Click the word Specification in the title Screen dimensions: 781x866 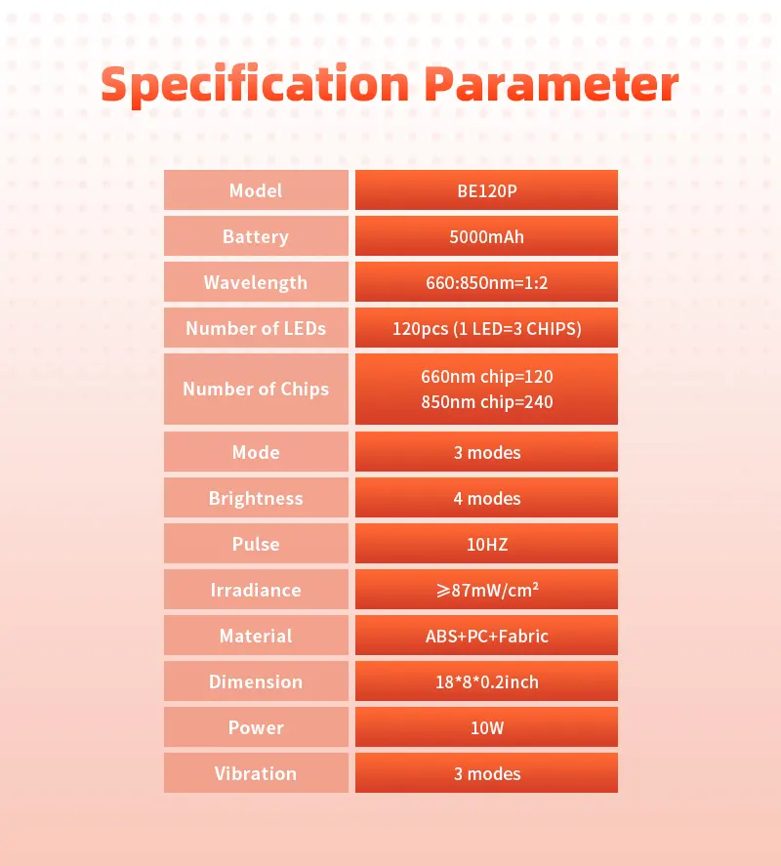click(255, 85)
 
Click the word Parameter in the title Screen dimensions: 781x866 click(552, 84)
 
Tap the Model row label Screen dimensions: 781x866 click(256, 190)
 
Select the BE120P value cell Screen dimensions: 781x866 click(486, 190)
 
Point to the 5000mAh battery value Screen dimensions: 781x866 click(486, 236)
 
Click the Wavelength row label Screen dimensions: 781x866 click(256, 282)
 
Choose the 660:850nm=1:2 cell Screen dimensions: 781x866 click(486, 282)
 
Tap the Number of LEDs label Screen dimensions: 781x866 click(256, 328)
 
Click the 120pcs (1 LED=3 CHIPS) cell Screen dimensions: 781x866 click(486, 328)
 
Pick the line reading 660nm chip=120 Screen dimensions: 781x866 click(486, 377)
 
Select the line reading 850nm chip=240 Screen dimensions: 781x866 click(486, 402)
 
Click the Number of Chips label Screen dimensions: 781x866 click(256, 389)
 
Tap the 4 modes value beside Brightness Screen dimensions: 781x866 click(486, 498)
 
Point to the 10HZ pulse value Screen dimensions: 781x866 click(486, 545)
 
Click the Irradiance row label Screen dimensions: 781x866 click(256, 590)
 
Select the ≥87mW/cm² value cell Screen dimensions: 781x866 click(486, 590)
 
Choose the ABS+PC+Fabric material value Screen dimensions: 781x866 click(486, 636)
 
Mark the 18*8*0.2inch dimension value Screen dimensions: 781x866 click(486, 681)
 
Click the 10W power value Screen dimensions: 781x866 click(486, 727)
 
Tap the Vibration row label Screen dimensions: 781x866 click(256, 773)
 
